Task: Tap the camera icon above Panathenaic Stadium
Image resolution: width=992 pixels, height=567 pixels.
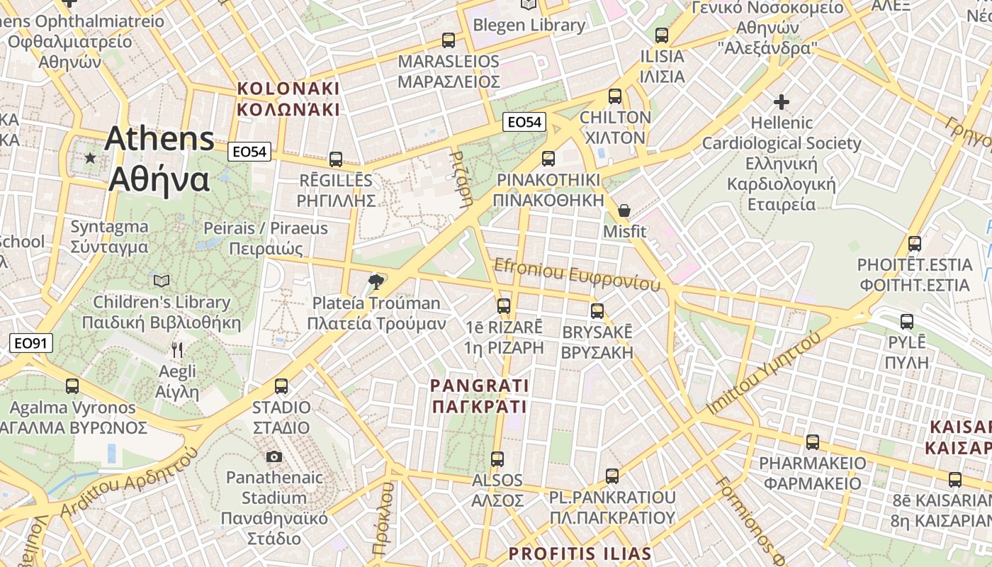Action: point(274,456)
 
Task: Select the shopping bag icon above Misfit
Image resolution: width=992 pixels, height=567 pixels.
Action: point(624,210)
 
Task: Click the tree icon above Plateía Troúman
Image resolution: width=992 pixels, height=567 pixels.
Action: point(376,282)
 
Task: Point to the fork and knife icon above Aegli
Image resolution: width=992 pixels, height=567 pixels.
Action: point(177,349)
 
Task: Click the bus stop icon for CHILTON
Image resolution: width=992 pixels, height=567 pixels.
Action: point(615,96)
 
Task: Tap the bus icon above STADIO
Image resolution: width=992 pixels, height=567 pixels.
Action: point(281,386)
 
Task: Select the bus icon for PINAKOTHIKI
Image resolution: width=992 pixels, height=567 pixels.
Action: point(548,158)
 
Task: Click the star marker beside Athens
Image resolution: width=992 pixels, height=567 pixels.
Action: point(90,157)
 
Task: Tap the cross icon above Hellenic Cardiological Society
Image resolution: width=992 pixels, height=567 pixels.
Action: point(782,102)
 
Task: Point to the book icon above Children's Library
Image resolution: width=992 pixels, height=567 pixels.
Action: point(162,281)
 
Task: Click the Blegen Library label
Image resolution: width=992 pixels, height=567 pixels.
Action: point(529,26)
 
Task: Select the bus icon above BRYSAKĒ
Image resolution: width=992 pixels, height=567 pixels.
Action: point(597,310)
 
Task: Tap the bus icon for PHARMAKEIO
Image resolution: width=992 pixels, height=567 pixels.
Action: point(813,442)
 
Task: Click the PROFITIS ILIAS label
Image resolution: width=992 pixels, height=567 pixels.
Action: point(580,553)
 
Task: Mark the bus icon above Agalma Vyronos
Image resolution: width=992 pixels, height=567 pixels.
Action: point(72,386)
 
